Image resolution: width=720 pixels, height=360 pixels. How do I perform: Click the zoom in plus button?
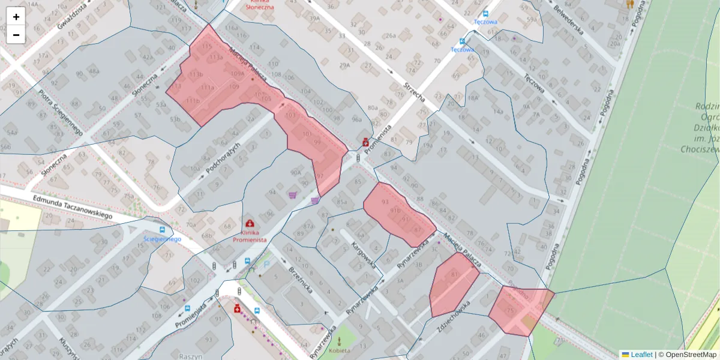(x=16, y=17)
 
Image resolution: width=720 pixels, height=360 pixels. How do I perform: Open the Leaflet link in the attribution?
(x=641, y=355)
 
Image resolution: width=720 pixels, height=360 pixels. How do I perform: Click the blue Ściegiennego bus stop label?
(x=162, y=239)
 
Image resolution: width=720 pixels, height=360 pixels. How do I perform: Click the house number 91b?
(x=395, y=211)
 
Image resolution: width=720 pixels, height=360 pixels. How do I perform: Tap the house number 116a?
(x=231, y=28)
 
